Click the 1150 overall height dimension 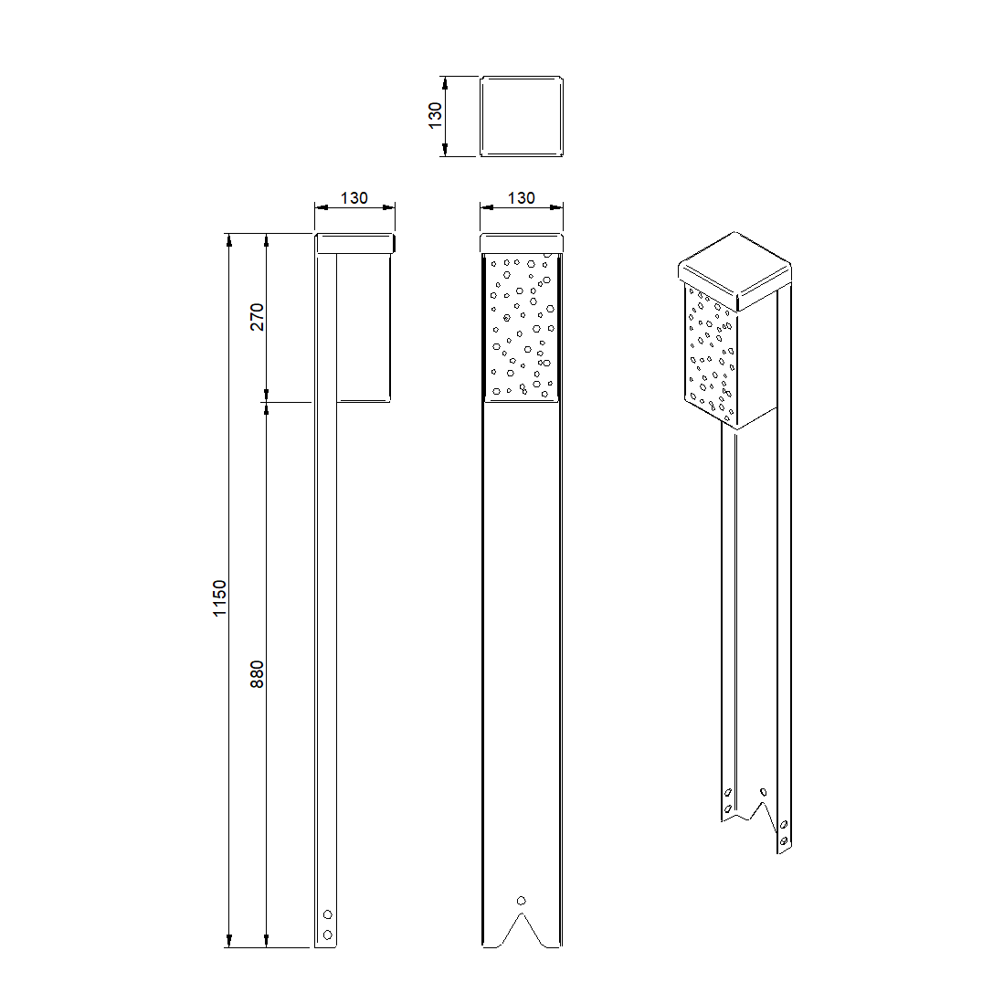[219, 597]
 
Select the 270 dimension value [257, 317]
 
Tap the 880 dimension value [257, 674]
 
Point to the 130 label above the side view [354, 198]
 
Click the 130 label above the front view [522, 198]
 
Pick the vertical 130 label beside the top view [435, 116]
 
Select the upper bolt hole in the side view [327, 914]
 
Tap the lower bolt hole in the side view [327, 935]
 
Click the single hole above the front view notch [522, 901]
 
